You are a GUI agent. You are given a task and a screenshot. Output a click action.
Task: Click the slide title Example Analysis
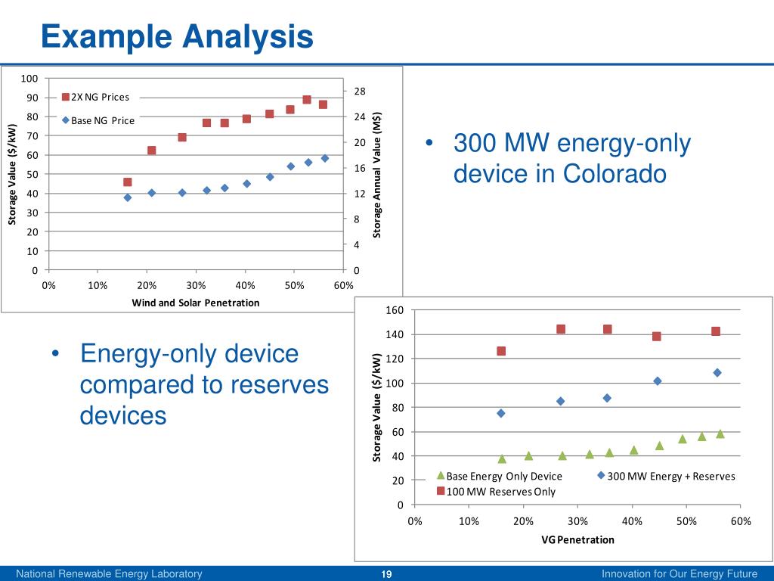pyautogui.click(x=176, y=36)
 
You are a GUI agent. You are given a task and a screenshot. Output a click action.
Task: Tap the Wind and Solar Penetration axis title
pyautogui.click(x=195, y=303)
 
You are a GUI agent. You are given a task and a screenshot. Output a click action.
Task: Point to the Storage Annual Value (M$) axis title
pyautogui.click(x=377, y=174)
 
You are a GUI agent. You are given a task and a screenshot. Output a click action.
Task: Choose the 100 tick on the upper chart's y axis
pyautogui.click(x=30, y=79)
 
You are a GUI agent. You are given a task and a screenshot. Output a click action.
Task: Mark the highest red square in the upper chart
pyautogui.click(x=307, y=100)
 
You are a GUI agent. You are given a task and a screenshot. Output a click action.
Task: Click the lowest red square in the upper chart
pyautogui.click(x=128, y=182)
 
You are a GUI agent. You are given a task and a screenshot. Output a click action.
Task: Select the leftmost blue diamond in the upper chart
pyautogui.click(x=128, y=197)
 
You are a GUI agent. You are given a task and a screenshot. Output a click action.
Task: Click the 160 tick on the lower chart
pyautogui.click(x=396, y=310)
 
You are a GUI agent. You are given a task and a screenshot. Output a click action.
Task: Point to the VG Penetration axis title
pyautogui.click(x=577, y=539)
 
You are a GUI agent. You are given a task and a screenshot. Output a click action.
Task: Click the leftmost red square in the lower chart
pyautogui.click(x=501, y=351)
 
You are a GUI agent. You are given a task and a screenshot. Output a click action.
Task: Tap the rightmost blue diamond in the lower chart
pyautogui.click(x=717, y=372)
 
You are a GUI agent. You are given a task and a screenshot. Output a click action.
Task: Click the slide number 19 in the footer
pyautogui.click(x=386, y=574)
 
